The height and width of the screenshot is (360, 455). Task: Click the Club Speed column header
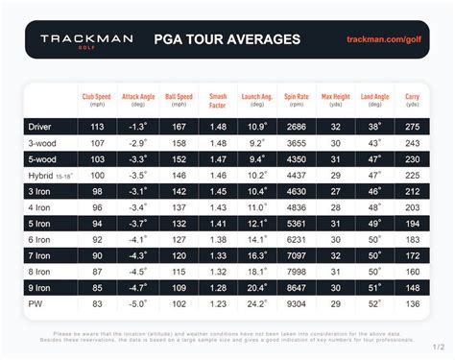click(98, 100)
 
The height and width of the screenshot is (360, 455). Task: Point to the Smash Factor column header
click(218, 100)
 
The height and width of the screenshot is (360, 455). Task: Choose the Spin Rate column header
click(297, 100)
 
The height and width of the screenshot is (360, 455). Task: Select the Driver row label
click(46, 126)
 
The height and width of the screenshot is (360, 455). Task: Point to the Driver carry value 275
click(413, 126)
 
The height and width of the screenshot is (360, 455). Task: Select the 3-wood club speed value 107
click(98, 142)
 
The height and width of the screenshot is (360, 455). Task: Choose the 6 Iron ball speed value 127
click(179, 240)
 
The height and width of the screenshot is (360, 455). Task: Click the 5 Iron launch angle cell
click(257, 224)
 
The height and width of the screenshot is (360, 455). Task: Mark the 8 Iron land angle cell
click(374, 273)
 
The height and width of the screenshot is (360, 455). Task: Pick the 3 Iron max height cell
click(336, 191)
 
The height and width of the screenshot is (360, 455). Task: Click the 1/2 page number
click(439, 348)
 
